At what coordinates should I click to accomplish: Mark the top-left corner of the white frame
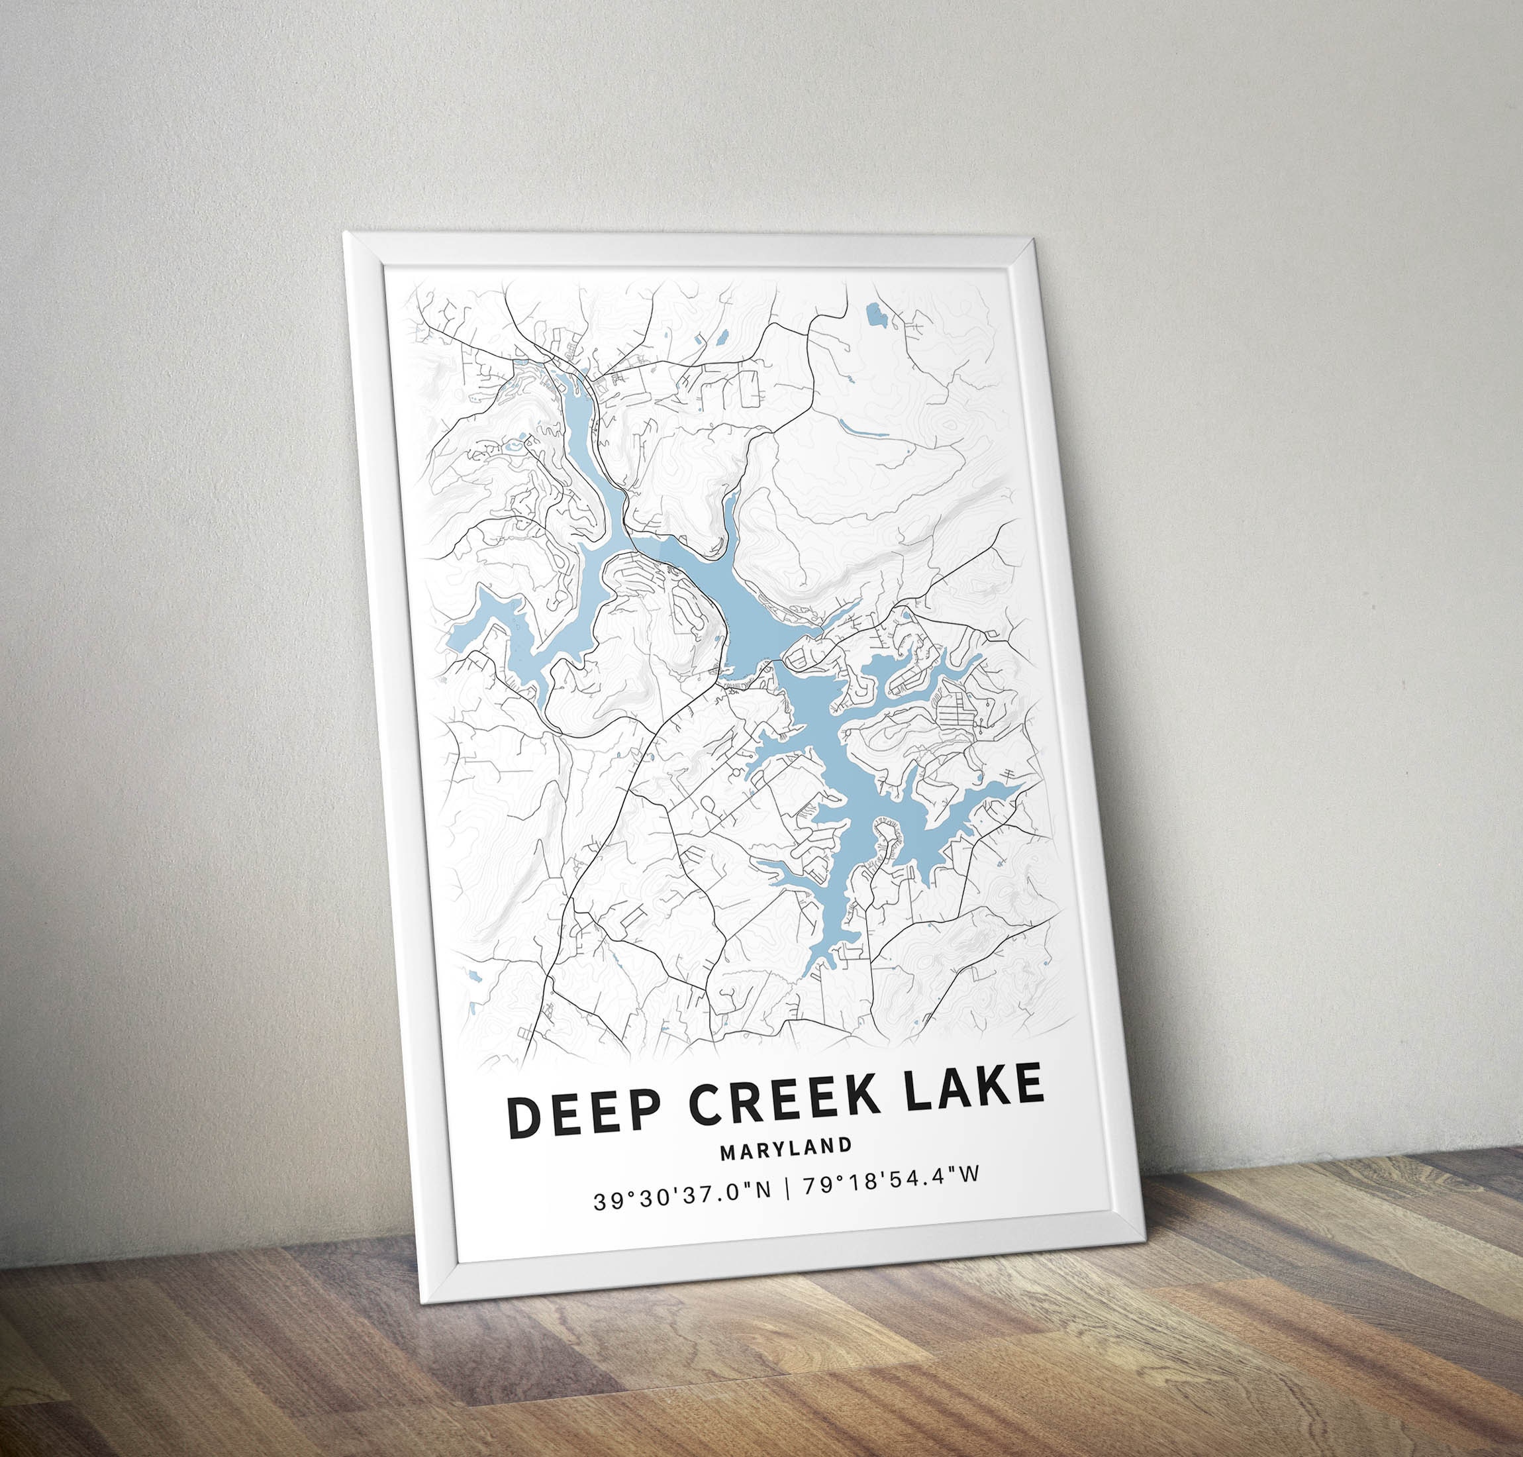pyautogui.click(x=344, y=232)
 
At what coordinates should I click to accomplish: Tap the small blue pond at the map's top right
pyautogui.click(x=875, y=315)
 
